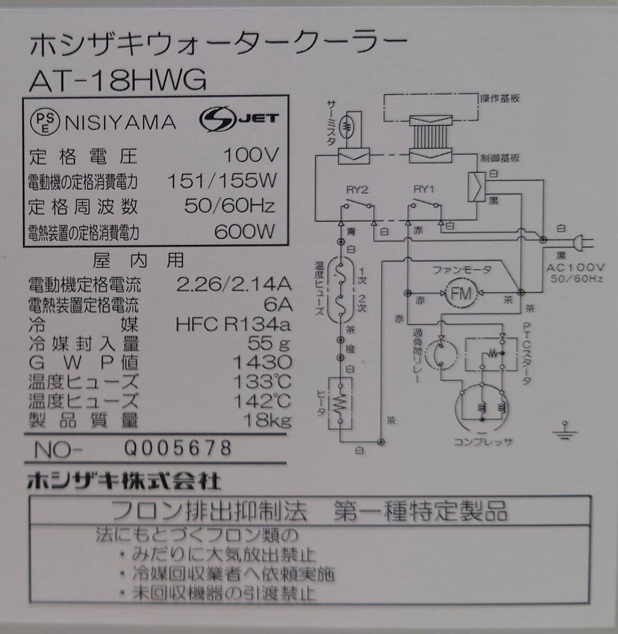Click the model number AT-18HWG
tap(117, 80)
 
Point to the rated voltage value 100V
tap(251, 155)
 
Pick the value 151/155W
tap(222, 181)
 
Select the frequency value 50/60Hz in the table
tap(229, 206)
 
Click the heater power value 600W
tap(244, 231)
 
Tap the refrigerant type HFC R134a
tap(233, 323)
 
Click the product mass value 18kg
tap(266, 420)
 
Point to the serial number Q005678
tap(178, 448)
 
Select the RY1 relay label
tap(423, 190)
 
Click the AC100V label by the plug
tap(573, 268)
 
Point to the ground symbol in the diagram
tap(565, 431)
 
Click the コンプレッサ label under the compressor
tap(483, 441)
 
